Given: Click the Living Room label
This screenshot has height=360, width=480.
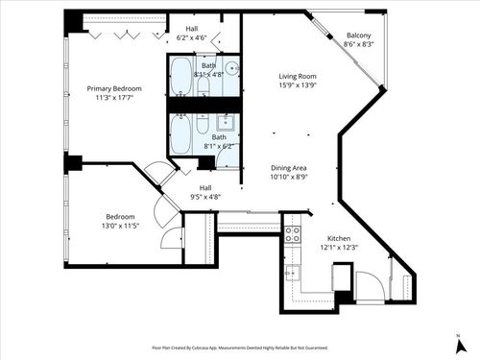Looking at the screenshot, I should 298,77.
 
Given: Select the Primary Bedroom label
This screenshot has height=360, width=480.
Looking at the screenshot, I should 114,88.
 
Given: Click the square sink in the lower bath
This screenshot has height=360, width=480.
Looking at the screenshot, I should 228,123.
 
